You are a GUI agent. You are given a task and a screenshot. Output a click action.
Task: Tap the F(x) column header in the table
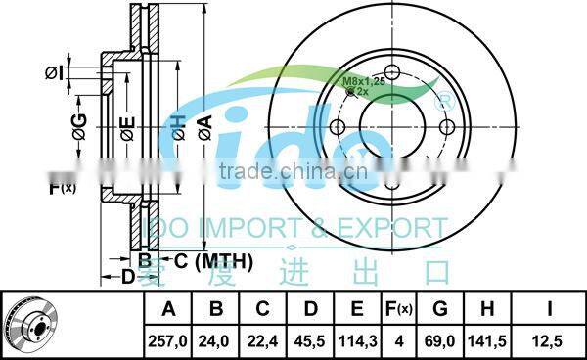click(399, 310)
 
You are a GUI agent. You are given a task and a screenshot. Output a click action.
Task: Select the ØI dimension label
click(54, 71)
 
